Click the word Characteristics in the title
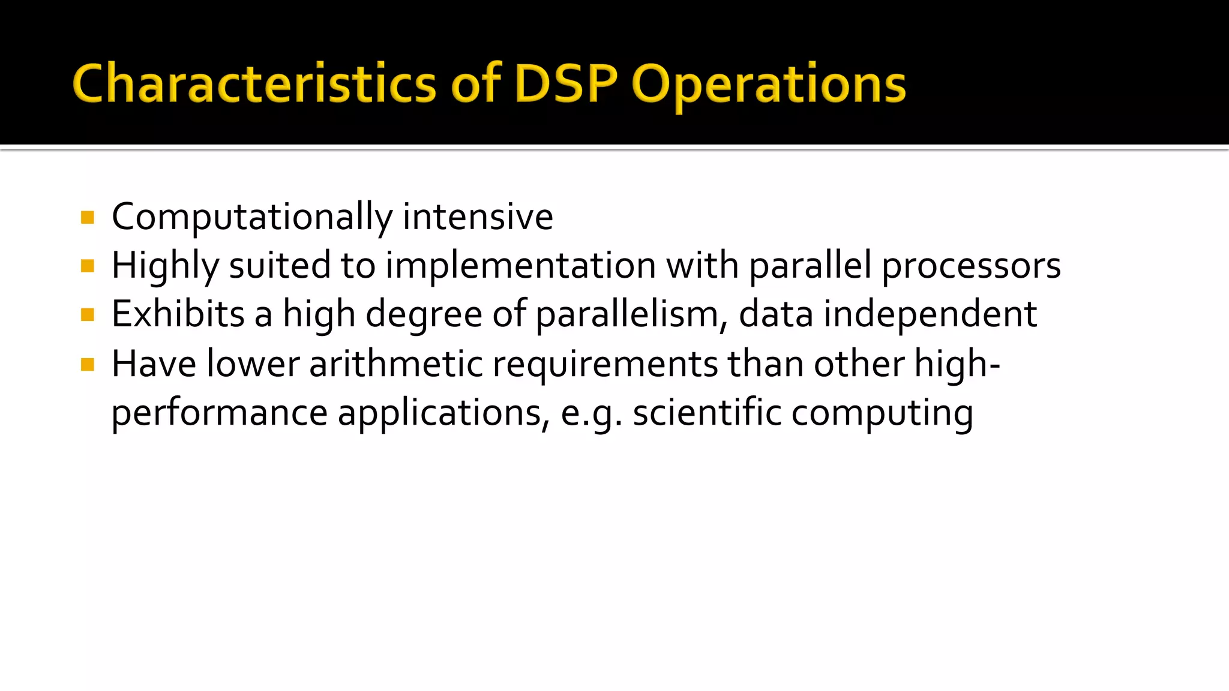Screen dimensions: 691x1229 pos(254,84)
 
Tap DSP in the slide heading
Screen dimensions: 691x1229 pos(565,84)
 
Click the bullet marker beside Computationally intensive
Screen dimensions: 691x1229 pos(88,217)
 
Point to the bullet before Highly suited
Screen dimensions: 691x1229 pos(88,266)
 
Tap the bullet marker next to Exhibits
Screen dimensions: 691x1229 pos(88,315)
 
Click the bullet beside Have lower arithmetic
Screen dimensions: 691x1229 pos(88,364)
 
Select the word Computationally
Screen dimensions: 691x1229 pos(252,217)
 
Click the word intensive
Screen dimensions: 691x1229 pos(478,217)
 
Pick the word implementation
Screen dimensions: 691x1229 pos(520,266)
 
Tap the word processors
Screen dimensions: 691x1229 pos(970,266)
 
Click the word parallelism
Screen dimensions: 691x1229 pos(631,315)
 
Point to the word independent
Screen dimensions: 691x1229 pos(930,315)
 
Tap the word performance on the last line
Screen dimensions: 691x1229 pos(220,414)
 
